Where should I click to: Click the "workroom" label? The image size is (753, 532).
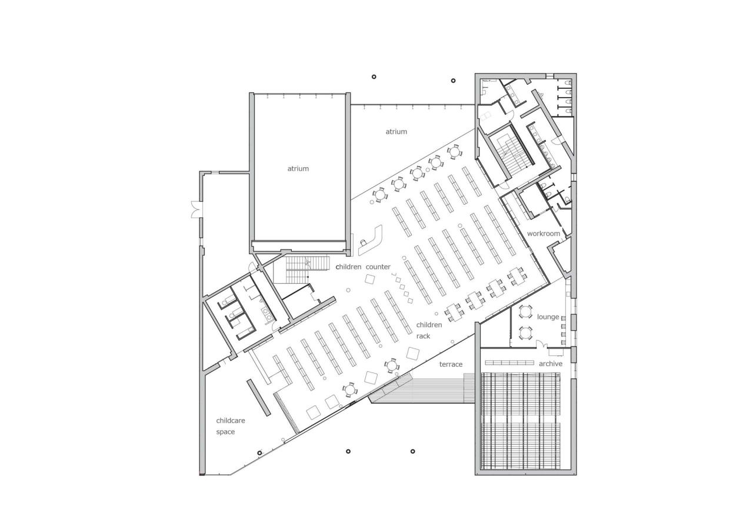click(x=543, y=234)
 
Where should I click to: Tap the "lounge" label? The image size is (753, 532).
click(x=548, y=317)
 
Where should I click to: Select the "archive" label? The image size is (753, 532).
click(x=551, y=364)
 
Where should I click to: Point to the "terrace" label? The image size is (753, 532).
click(x=451, y=364)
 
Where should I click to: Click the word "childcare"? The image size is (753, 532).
click(x=231, y=420)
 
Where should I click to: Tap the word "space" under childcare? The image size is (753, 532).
click(x=225, y=432)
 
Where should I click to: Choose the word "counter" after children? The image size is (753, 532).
click(x=378, y=267)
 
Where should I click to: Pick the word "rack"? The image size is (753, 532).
click(x=423, y=336)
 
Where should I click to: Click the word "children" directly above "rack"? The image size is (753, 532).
click(x=429, y=325)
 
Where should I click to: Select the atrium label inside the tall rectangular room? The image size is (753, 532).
click(x=298, y=168)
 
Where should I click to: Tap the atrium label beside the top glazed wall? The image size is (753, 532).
click(x=396, y=131)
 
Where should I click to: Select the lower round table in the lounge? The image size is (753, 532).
click(x=525, y=332)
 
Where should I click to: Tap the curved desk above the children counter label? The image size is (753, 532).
click(x=373, y=239)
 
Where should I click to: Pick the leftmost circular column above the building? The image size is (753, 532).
click(x=374, y=77)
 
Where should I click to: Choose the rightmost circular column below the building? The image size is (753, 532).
click(x=413, y=451)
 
